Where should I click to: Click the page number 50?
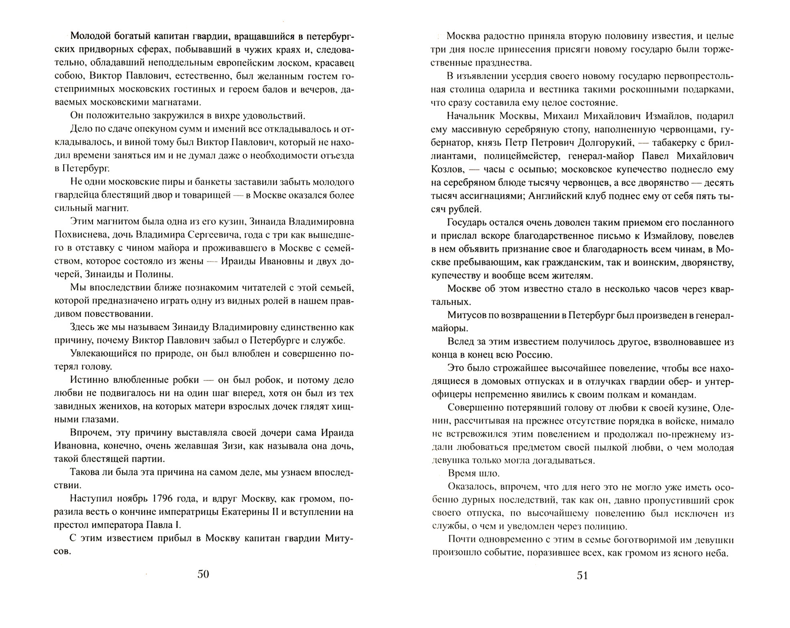click(203, 574)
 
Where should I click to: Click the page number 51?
click(582, 576)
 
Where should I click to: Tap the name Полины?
click(156, 274)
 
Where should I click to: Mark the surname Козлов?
click(448, 169)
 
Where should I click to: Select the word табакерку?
click(677, 143)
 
